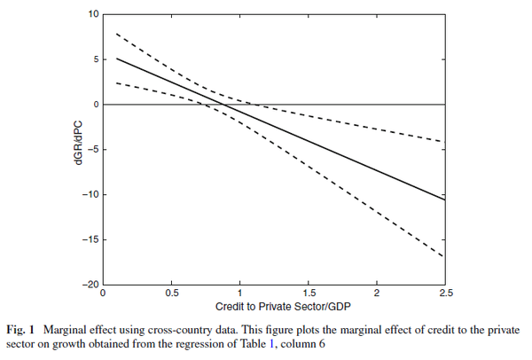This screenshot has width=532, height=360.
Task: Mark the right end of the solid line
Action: tap(444, 200)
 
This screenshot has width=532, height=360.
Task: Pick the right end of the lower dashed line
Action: tap(444, 257)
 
